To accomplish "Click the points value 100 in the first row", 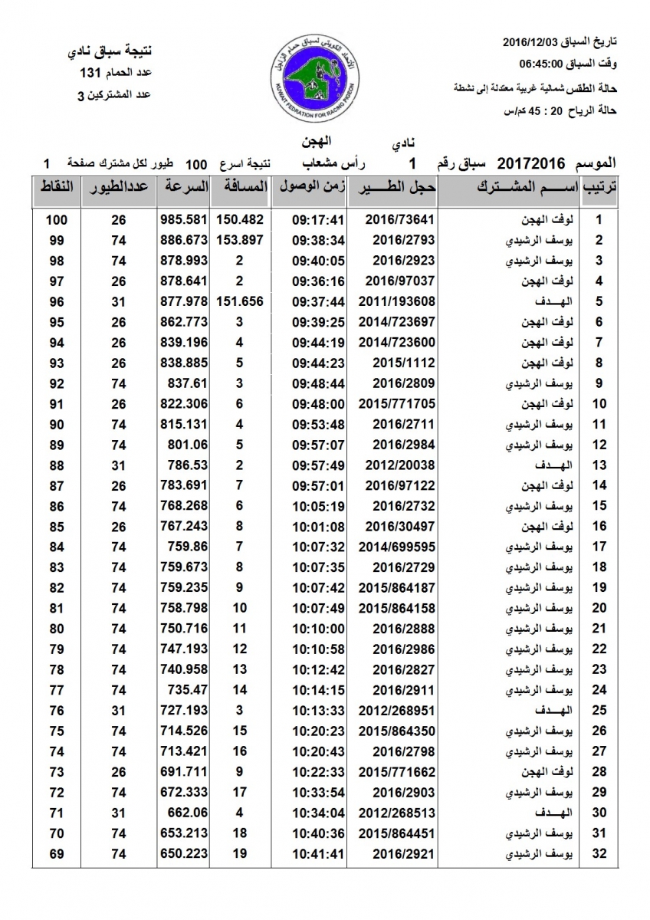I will coord(56,219).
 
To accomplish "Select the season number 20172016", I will coord(531,163).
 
